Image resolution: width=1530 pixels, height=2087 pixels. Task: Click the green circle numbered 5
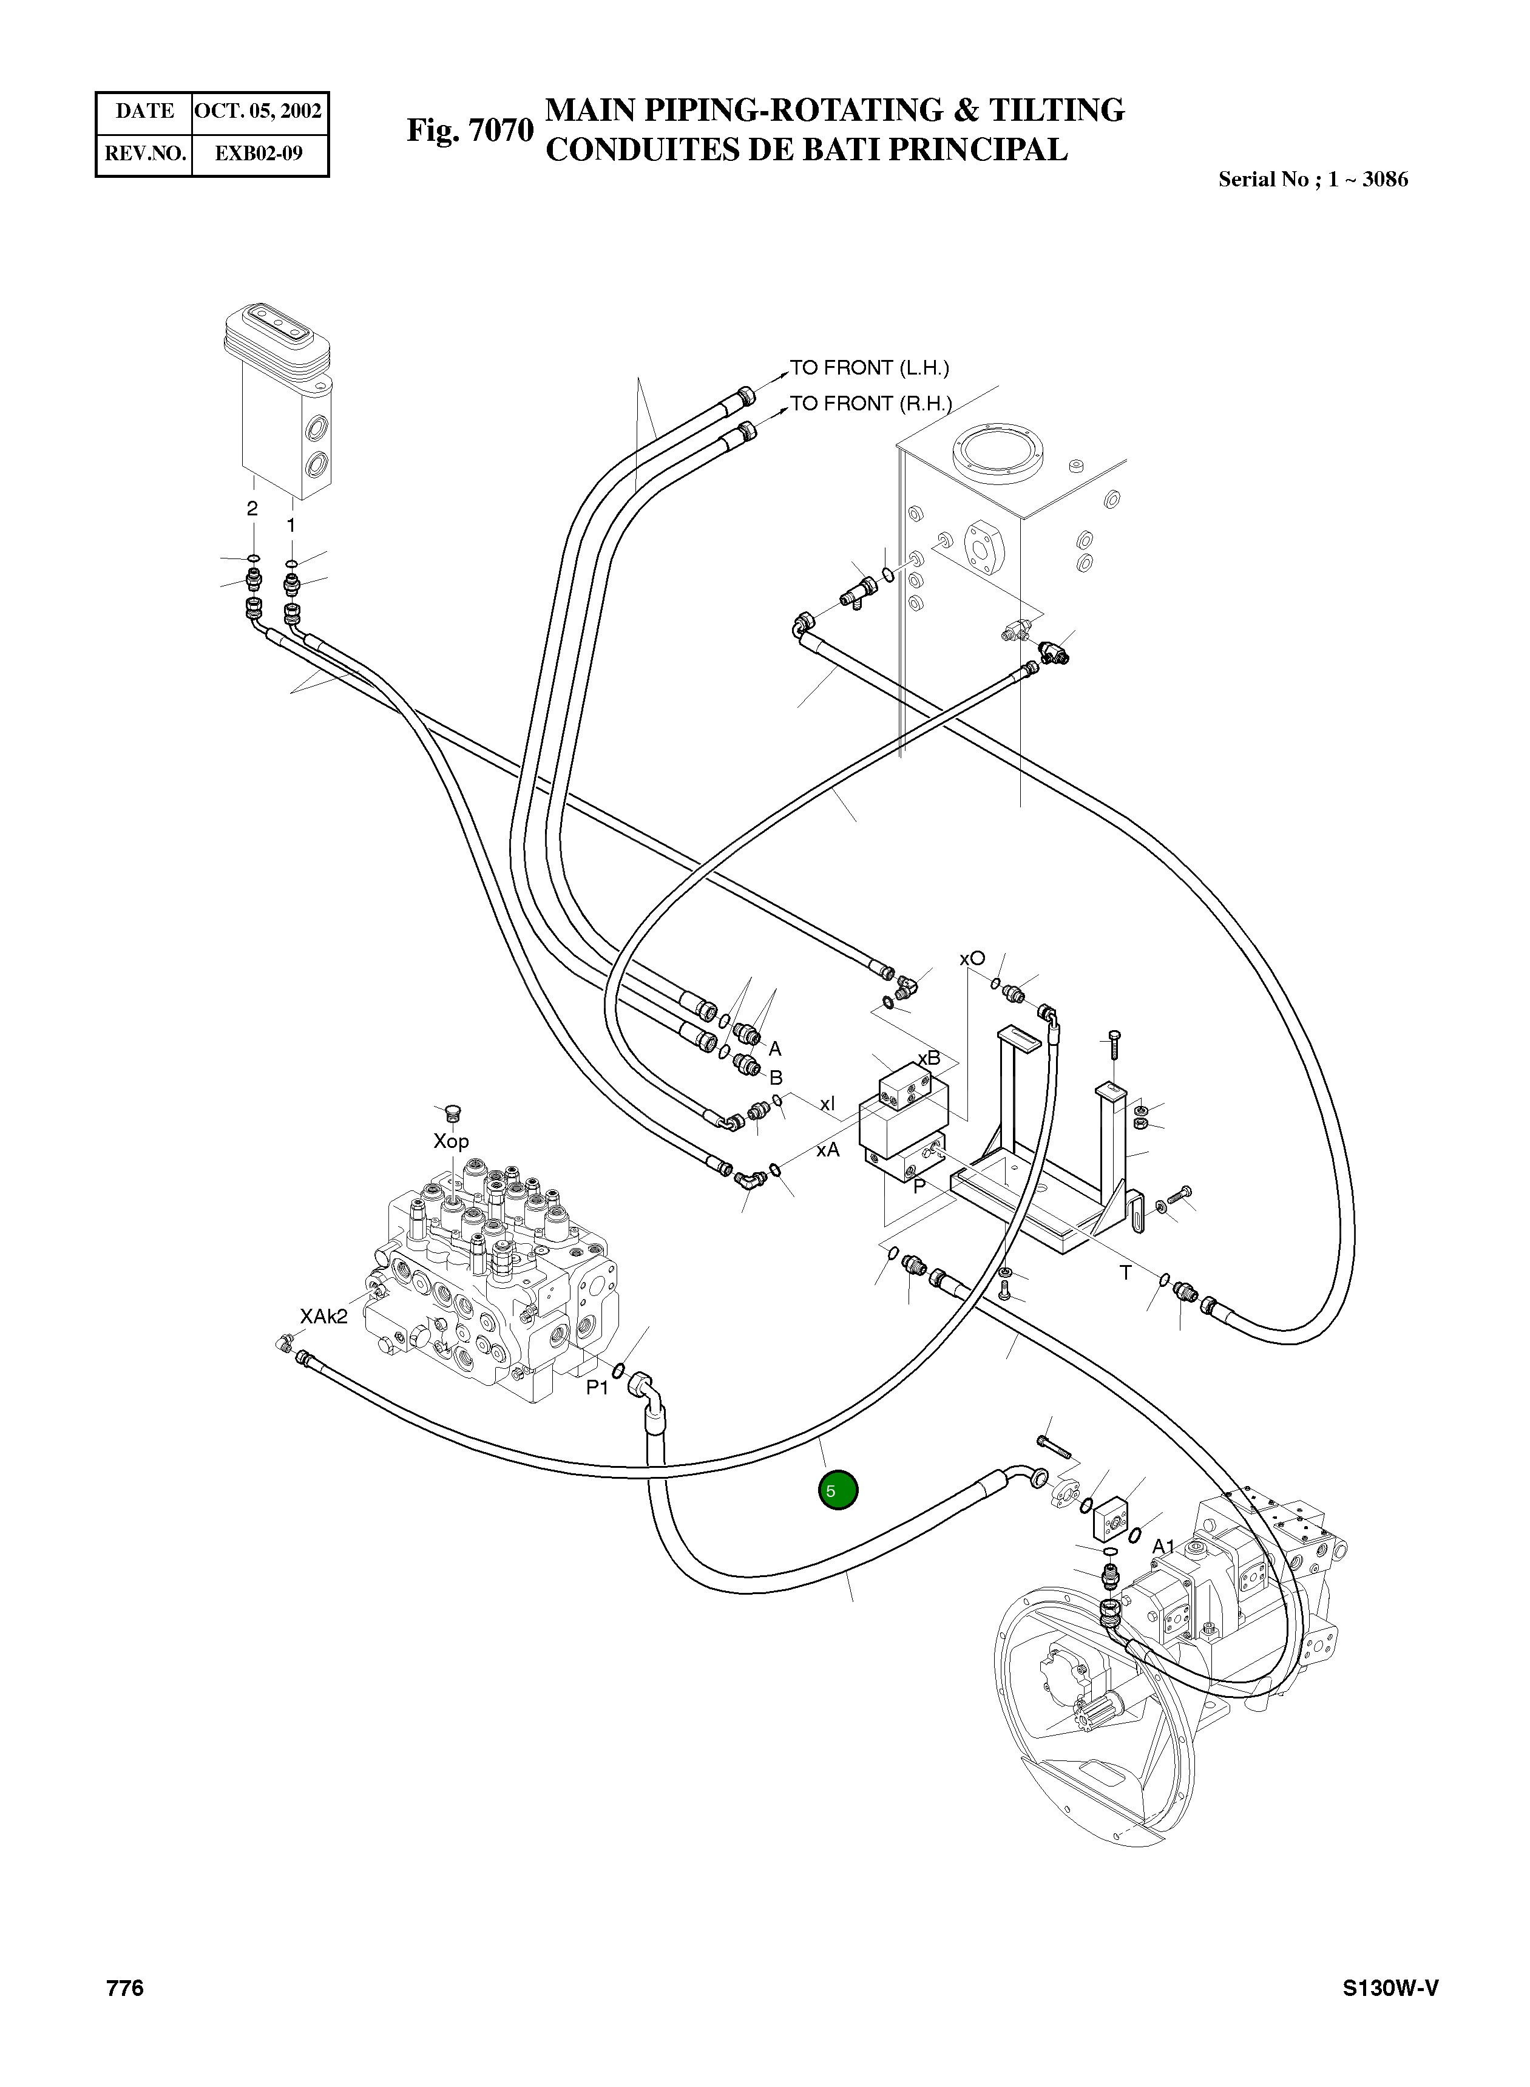[838, 1490]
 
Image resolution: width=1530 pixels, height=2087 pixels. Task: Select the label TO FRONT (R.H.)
[870, 403]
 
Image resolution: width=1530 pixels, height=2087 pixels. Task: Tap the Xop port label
[451, 1141]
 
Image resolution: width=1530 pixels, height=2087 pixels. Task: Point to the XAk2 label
[323, 1316]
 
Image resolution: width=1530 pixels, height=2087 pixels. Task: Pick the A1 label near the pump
[1163, 1546]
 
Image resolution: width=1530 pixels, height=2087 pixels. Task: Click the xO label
[972, 959]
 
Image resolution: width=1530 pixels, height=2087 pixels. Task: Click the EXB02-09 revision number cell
[259, 153]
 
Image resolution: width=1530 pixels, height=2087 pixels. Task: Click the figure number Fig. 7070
[470, 130]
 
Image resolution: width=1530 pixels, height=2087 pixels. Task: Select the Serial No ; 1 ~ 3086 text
[1312, 180]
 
